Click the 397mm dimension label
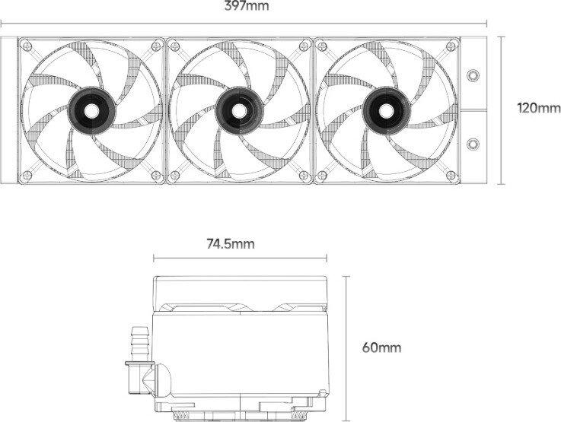point(247,6)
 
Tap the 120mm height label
point(539,107)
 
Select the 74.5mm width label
point(231,243)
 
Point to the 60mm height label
point(382,347)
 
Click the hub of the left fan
point(91,111)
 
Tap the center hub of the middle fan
point(240,111)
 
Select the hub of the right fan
point(387,111)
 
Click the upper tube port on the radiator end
point(473,75)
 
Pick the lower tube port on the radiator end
point(473,144)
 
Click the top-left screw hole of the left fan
point(27,46)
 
